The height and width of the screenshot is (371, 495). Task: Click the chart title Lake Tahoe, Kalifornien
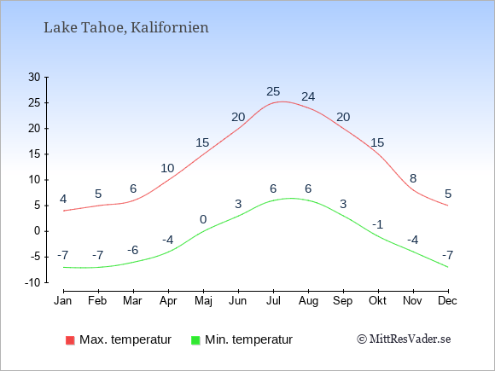pyautogui.click(x=126, y=27)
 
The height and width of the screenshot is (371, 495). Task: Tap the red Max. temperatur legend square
pyautogui.click(x=70, y=340)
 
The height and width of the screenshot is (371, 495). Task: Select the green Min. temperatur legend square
pyautogui.click(x=195, y=340)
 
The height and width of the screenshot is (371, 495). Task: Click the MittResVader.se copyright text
pyautogui.click(x=404, y=339)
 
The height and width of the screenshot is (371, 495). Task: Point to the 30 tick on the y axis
pyautogui.click(x=34, y=77)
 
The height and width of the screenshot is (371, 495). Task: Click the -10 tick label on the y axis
pyautogui.click(x=32, y=282)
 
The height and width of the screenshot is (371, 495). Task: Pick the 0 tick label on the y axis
pyautogui.click(x=38, y=231)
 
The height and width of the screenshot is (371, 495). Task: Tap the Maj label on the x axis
pyautogui.click(x=203, y=301)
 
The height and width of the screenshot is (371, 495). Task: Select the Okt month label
pyautogui.click(x=377, y=301)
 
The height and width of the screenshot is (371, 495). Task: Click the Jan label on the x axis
pyautogui.click(x=63, y=301)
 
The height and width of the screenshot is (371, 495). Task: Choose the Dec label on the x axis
pyautogui.click(x=447, y=301)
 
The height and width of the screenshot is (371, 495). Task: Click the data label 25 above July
pyautogui.click(x=273, y=91)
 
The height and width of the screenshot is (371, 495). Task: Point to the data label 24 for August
pyautogui.click(x=308, y=96)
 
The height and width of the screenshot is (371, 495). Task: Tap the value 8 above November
pyautogui.click(x=413, y=178)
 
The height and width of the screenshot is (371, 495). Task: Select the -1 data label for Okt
pyautogui.click(x=377, y=224)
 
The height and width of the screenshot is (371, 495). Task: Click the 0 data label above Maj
pyautogui.click(x=203, y=219)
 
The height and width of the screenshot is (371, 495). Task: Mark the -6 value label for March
pyautogui.click(x=133, y=250)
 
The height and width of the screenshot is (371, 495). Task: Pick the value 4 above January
pyautogui.click(x=63, y=199)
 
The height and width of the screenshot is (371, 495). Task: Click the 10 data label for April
pyautogui.click(x=167, y=168)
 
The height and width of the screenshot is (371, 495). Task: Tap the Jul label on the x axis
pyautogui.click(x=273, y=301)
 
